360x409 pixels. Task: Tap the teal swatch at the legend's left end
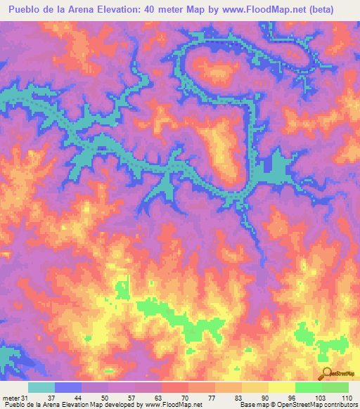(x=41, y=387)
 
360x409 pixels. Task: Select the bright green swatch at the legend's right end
(x=335, y=387)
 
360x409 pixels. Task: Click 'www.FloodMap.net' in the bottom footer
(x=172, y=405)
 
